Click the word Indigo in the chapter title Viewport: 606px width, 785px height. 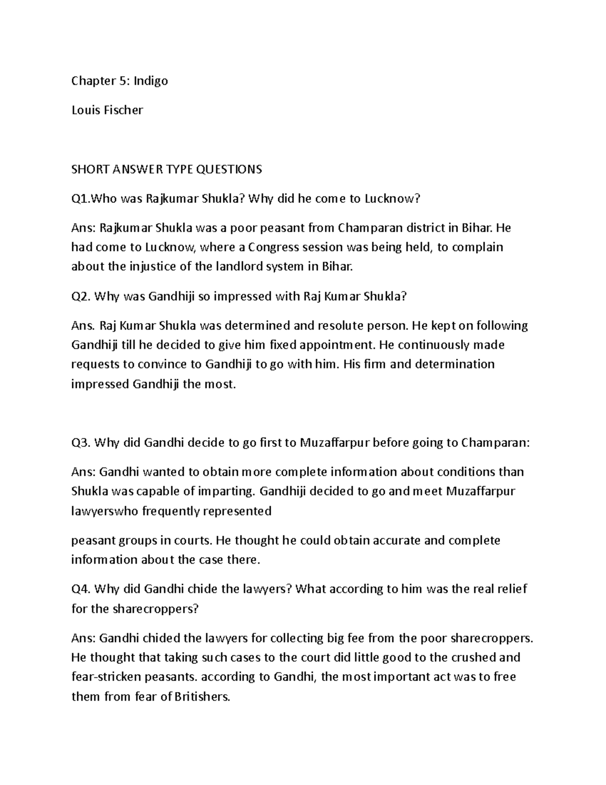tap(150, 81)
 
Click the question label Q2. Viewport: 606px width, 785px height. tap(81, 297)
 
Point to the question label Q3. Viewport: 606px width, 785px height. tap(81, 443)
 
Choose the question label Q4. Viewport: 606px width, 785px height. tap(81, 589)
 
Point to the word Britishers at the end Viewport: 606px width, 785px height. tap(201, 697)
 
